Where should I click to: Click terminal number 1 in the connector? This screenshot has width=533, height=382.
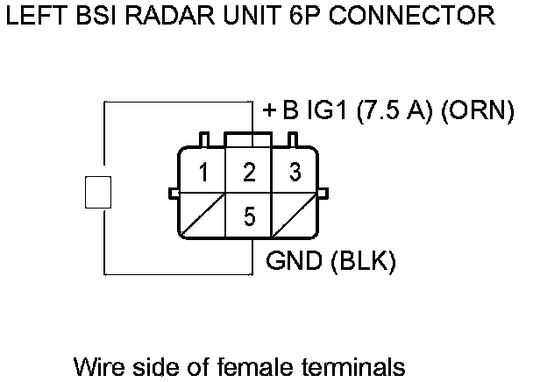(x=203, y=173)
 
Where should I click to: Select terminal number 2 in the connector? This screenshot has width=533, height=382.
(x=250, y=173)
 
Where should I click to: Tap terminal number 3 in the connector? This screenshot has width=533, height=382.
(x=295, y=173)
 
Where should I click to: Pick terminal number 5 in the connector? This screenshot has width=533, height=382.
(x=250, y=216)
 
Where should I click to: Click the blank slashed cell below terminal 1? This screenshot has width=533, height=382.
(x=203, y=216)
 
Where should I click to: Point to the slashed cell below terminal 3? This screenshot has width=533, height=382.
(x=295, y=216)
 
